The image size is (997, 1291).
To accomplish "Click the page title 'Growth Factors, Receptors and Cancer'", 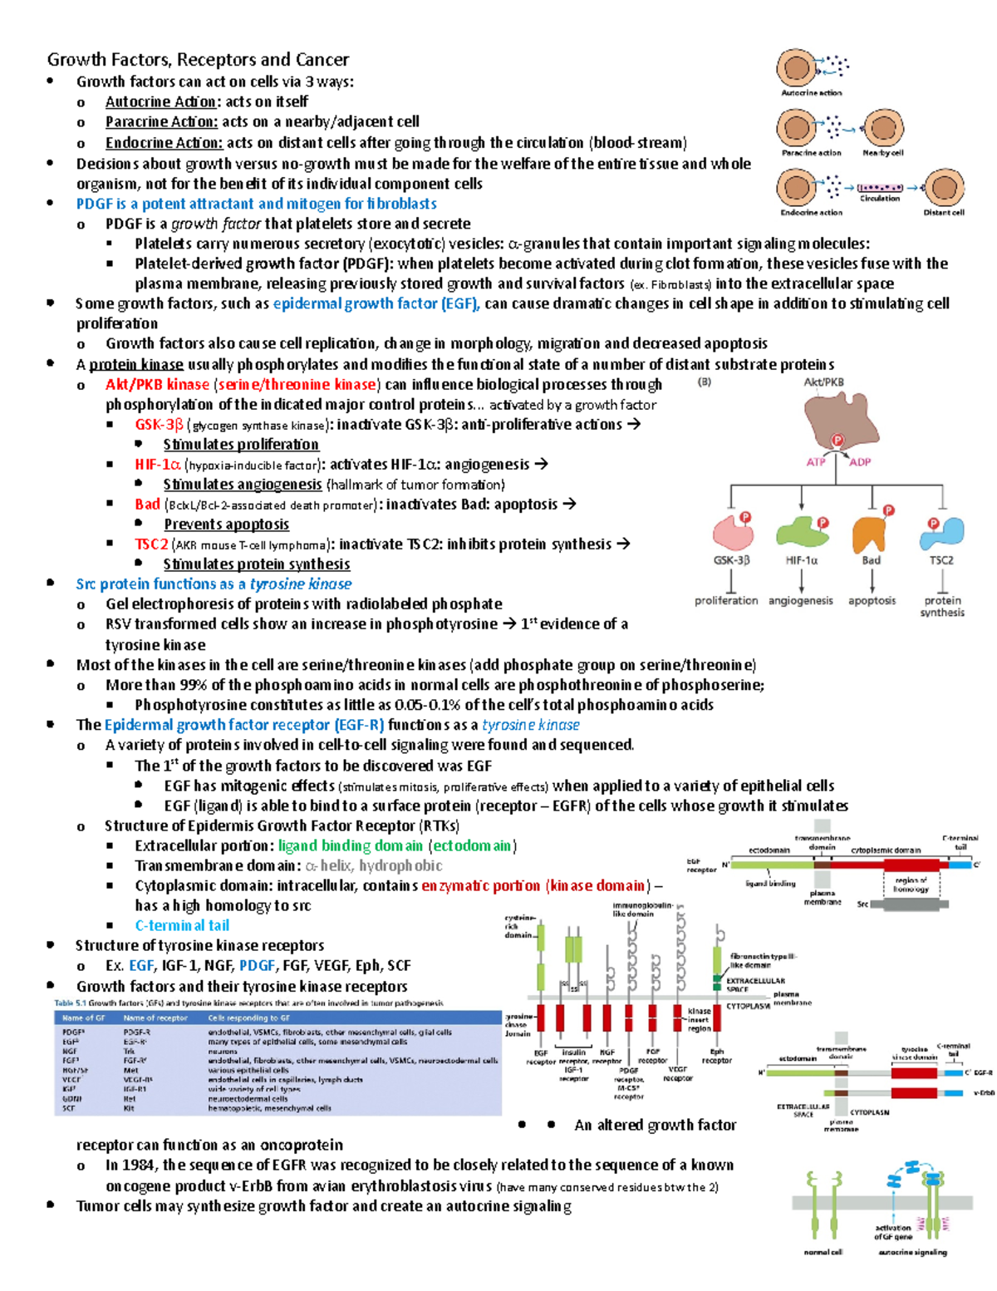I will [x=198, y=60].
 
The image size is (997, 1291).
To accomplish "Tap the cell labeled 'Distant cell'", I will [x=944, y=188].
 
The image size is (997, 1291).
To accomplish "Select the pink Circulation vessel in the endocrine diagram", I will [x=880, y=188].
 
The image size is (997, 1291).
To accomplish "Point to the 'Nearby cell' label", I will [x=882, y=153].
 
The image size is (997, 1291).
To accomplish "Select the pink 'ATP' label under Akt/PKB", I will [x=816, y=462].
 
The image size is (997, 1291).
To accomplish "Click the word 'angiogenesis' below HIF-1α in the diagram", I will [x=800, y=600].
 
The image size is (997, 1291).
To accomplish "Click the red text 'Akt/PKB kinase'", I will [x=157, y=384].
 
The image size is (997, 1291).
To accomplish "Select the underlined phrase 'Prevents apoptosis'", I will [x=226, y=525].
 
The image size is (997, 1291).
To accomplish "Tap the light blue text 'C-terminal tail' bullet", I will [x=182, y=925].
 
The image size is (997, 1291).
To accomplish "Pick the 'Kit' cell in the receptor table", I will [x=129, y=1108].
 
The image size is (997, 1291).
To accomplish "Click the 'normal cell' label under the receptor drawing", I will [x=823, y=1251].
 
